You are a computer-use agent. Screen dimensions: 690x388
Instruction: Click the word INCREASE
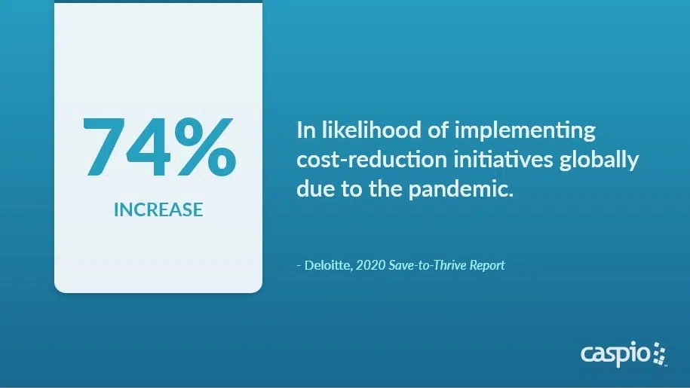[x=158, y=209]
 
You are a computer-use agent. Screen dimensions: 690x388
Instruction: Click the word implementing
[x=525, y=132]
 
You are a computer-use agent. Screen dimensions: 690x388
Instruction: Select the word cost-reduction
[x=372, y=160]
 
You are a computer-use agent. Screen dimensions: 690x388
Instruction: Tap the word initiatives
[x=503, y=160]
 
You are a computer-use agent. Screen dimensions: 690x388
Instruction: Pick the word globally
[x=599, y=160]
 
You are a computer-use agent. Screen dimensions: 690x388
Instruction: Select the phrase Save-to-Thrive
[x=428, y=265]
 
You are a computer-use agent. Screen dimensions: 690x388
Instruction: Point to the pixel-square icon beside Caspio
[x=659, y=353]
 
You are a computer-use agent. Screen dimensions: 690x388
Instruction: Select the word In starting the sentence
[x=306, y=130]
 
